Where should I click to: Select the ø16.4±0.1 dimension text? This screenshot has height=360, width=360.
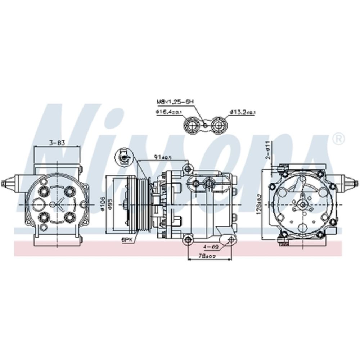coord(169,112)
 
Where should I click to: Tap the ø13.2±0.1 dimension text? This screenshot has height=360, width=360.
coord(242,112)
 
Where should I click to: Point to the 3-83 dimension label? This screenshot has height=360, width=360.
coord(57,143)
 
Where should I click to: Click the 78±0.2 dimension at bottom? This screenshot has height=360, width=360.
coord(208,256)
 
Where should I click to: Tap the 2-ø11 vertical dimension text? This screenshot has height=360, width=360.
coord(267,150)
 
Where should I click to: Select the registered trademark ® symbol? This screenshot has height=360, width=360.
coord(338,138)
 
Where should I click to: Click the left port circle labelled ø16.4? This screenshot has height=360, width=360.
coord(191,125)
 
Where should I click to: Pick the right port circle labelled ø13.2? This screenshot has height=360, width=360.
coord(218,125)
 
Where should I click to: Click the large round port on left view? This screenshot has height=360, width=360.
coord(39,204)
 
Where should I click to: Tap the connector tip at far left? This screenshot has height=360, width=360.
coord(4,183)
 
